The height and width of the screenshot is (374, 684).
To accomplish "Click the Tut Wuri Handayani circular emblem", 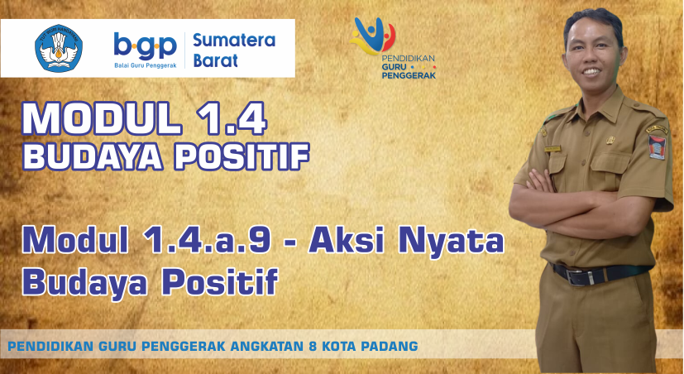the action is (59, 48).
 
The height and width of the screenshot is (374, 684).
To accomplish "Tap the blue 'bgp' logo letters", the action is (146, 46).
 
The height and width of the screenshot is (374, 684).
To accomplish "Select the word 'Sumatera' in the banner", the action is (234, 41).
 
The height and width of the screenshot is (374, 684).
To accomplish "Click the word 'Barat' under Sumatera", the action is (216, 60).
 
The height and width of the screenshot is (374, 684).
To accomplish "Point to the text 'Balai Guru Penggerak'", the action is (146, 65).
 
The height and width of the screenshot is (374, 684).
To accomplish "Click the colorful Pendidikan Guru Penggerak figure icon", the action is (372, 36).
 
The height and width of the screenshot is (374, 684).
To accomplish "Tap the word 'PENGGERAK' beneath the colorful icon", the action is (409, 75).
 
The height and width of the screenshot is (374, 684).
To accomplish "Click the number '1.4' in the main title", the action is (232, 118).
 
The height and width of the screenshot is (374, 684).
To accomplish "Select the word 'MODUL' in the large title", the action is (102, 118).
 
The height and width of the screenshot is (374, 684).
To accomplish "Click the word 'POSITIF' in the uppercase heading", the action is (242, 156).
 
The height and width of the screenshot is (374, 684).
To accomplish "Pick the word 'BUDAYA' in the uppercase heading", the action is (93, 156).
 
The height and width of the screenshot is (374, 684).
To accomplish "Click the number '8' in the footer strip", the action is (312, 347).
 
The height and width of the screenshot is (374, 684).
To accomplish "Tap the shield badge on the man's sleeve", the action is (658, 146).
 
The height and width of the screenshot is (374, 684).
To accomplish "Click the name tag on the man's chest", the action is (552, 149).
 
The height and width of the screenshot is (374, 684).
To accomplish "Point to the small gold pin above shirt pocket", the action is (610, 140).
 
